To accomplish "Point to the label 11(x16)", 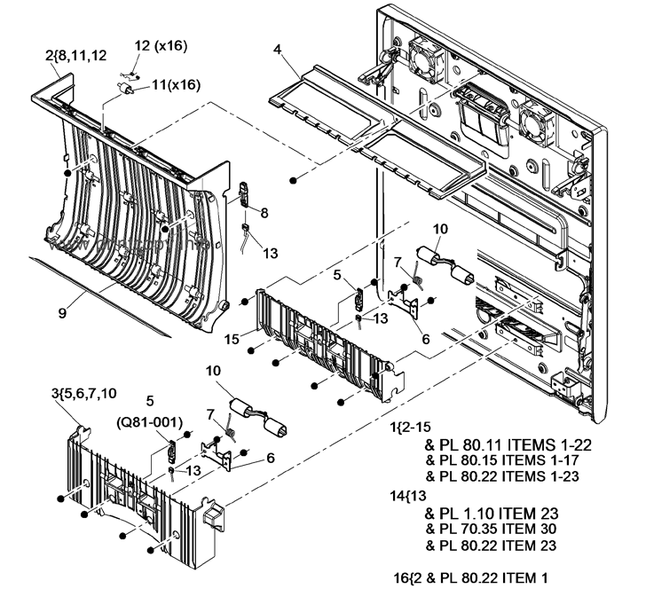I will (x=175, y=85).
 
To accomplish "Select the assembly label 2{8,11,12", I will (x=76, y=54).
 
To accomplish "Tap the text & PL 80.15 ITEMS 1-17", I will (x=508, y=460).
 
